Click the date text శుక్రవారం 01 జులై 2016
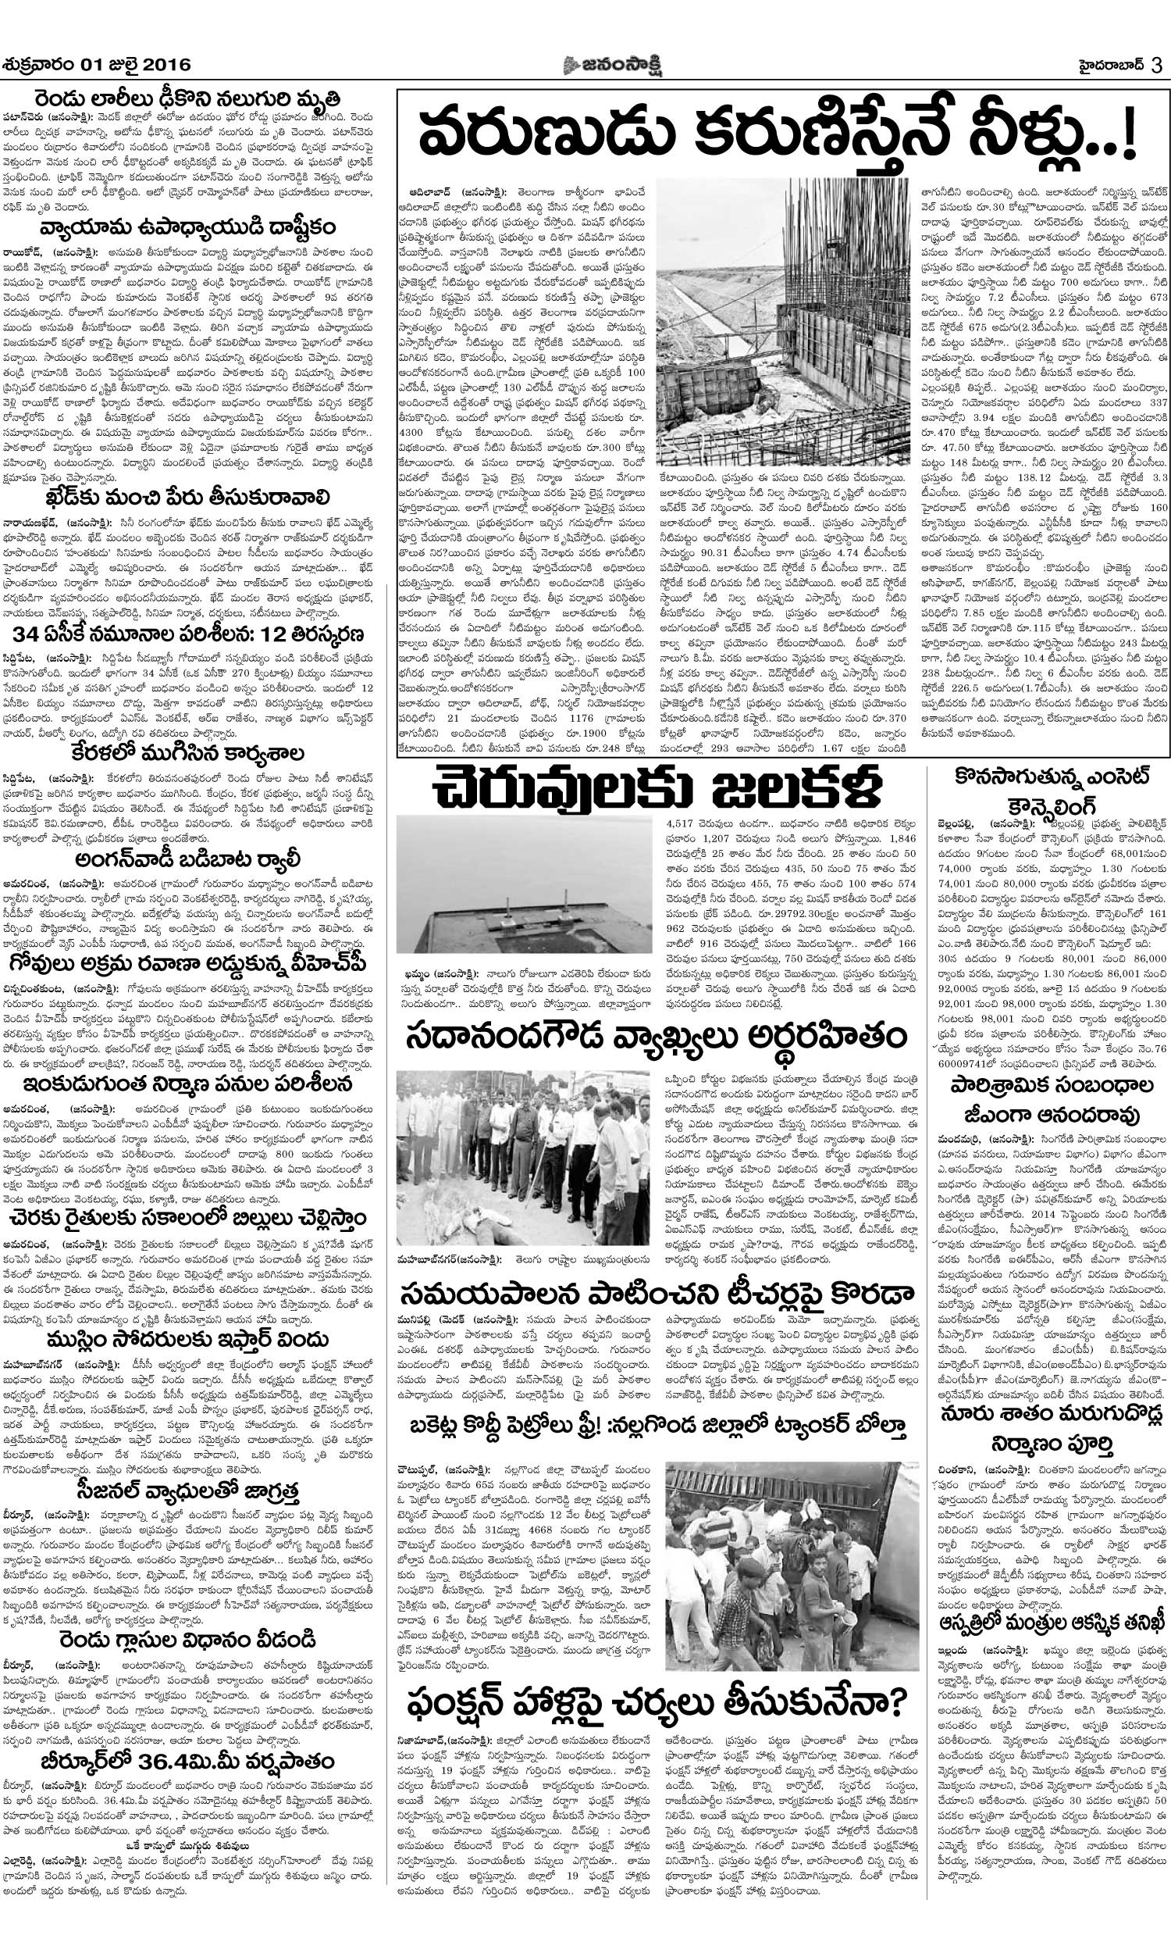coord(97,64)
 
